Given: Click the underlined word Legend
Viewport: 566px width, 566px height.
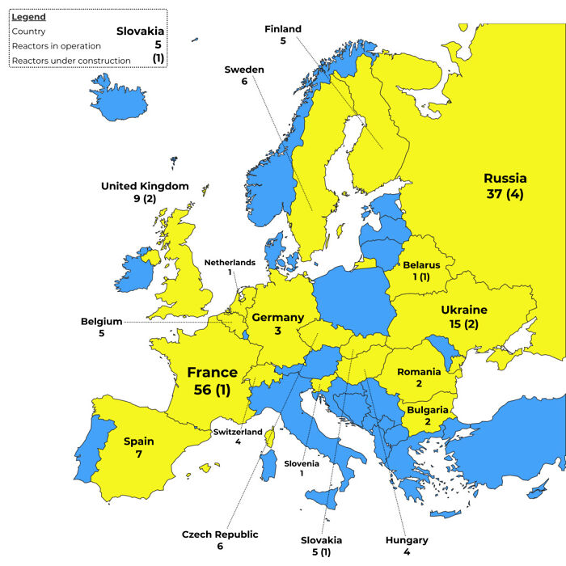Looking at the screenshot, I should pos(28,17).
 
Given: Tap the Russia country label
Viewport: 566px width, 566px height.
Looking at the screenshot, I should pos(505,178).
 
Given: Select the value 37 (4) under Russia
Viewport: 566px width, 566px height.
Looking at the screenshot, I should pos(505,196).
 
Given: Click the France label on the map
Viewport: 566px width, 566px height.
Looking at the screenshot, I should pos(212,373).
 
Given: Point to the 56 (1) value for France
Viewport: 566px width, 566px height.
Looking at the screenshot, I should pos(212,391).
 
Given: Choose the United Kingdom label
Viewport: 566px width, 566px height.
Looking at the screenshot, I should pos(145,186).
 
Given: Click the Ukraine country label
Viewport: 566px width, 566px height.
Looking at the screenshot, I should pos(463,310).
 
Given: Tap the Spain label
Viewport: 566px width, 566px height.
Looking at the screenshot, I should pos(138,441).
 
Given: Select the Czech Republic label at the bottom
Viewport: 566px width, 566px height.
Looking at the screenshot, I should pos(219,534).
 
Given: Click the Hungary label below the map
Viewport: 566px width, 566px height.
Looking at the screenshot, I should pos(407,539).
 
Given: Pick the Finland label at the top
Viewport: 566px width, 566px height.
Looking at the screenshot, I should pos(283,29).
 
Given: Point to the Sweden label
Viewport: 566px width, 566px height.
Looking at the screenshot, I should pos(244,70).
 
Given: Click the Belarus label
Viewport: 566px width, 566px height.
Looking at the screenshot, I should pos(421,264).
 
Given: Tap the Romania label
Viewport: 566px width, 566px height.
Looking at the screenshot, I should pos(419,371).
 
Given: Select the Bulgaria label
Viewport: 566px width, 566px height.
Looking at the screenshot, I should pos(427,410).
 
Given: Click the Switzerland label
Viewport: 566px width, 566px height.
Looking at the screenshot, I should pos(238,432).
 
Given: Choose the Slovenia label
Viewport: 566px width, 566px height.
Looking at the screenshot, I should pos(302,463).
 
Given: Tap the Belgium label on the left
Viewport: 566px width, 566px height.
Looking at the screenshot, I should pos(101,321).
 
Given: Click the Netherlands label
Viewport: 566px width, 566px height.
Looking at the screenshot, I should pos(230,262).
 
